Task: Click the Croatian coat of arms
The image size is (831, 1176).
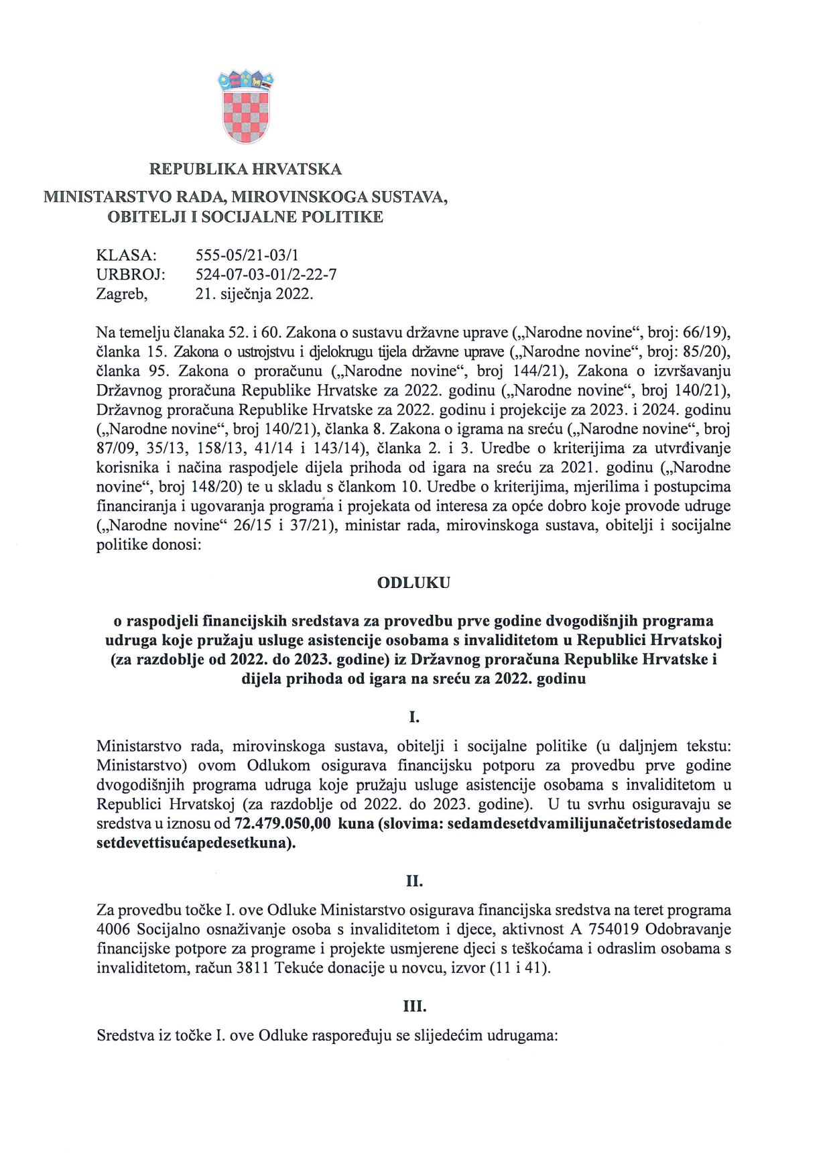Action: (x=245, y=107)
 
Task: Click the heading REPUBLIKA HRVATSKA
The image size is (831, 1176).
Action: (x=245, y=169)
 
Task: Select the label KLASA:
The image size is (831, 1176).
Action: (x=127, y=255)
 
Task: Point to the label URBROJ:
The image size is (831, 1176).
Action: (x=131, y=274)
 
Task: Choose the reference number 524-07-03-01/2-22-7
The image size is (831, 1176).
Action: (x=266, y=274)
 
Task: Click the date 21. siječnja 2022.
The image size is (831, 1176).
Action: (x=254, y=294)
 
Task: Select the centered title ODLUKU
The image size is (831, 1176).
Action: (x=413, y=583)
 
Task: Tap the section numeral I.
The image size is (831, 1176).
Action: (x=414, y=717)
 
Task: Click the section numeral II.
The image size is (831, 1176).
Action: (x=414, y=881)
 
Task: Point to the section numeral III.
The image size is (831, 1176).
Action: (x=414, y=1006)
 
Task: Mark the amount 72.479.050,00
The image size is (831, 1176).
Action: (x=283, y=823)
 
